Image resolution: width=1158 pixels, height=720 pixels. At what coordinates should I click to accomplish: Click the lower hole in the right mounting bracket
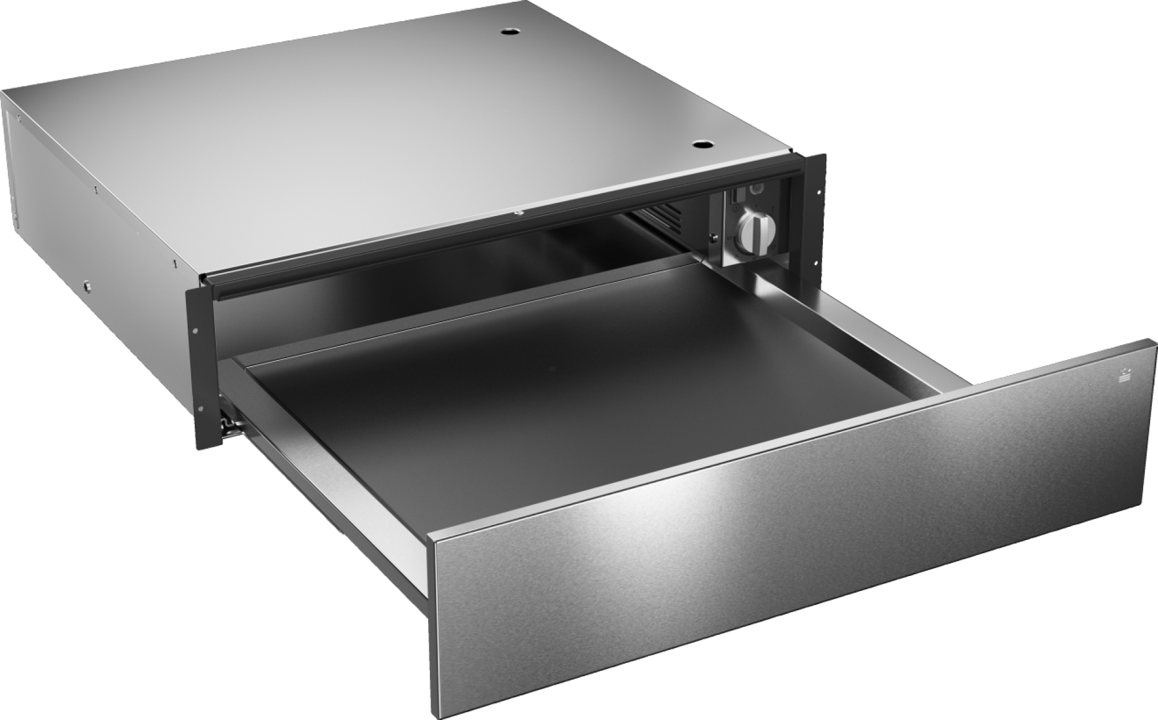tap(816, 262)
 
